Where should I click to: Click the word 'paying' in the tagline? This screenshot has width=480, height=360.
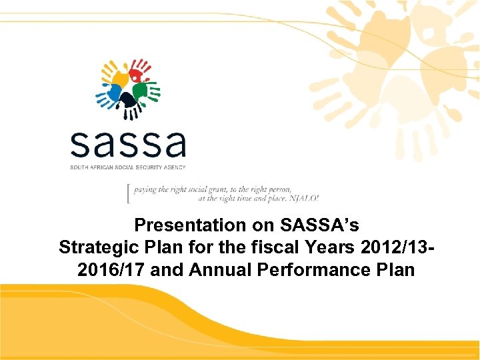[145, 189]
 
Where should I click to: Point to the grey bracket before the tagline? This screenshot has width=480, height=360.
[129, 193]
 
